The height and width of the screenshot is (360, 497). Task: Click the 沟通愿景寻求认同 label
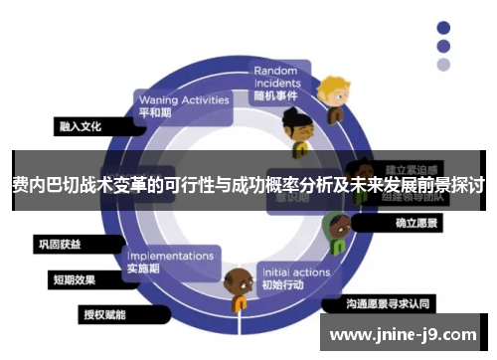pyautogui.click(x=389, y=301)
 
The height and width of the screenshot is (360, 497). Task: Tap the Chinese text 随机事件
pyautogui.click(x=276, y=95)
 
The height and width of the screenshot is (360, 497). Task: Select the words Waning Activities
pyautogui.click(x=184, y=99)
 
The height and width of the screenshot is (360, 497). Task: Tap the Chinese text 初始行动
pyautogui.click(x=284, y=287)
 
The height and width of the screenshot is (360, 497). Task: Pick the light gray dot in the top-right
pyautogui.click(x=443, y=64)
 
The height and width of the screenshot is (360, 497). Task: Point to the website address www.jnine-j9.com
pyautogui.click(x=403, y=335)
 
